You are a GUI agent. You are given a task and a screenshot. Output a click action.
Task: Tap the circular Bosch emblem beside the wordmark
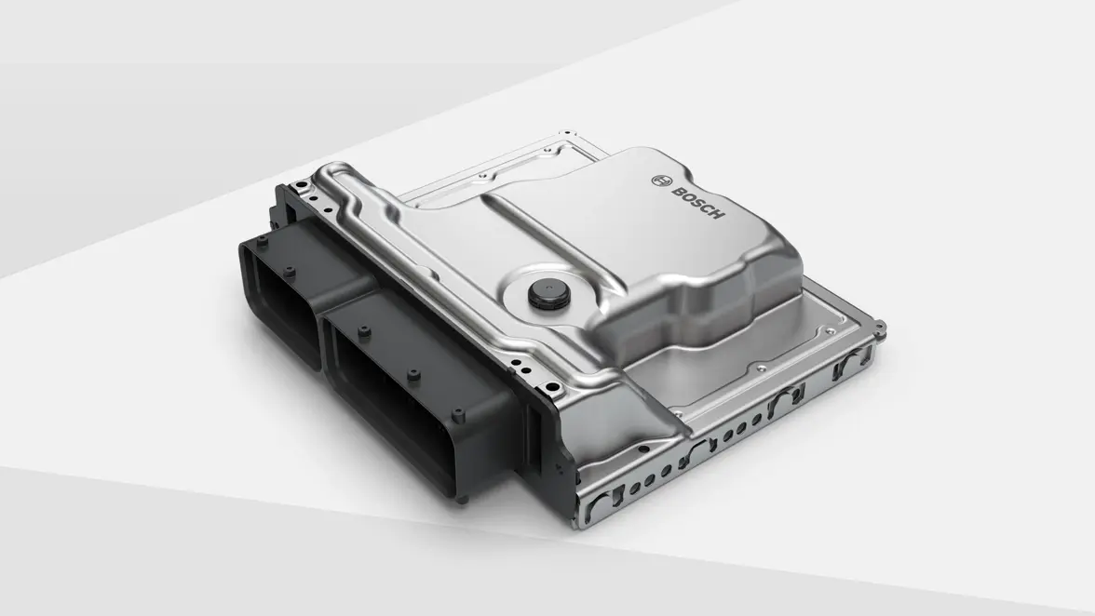pos(662,178)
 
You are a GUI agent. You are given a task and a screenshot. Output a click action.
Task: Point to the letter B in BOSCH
pos(677,188)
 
